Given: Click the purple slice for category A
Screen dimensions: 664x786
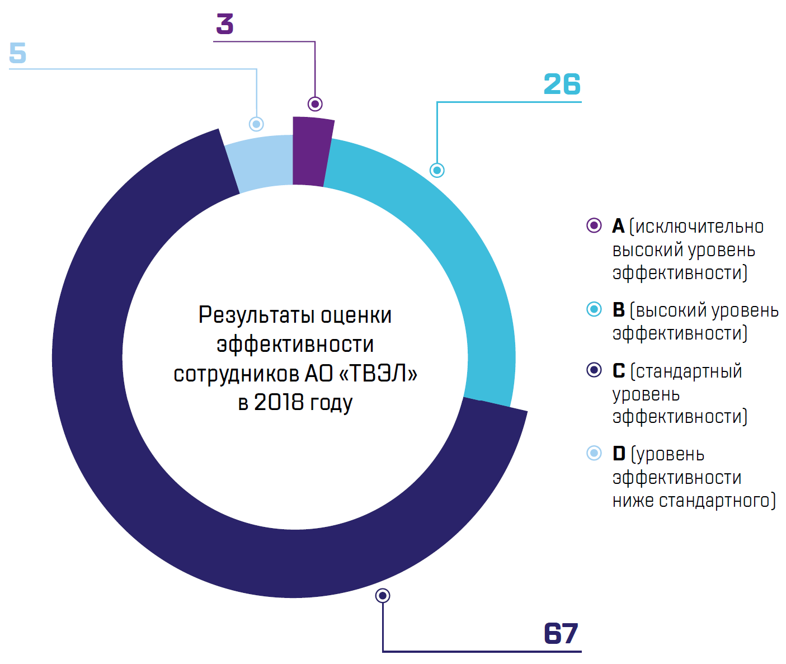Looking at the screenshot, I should pos(310,151).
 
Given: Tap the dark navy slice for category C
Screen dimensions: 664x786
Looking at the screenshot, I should pos(168,503).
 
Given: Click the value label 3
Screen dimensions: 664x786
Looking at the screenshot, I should pos(224,24).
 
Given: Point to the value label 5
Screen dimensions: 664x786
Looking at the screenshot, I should pos(17,53).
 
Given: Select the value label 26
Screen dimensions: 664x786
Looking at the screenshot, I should pos(562,84).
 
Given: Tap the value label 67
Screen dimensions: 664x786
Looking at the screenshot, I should pos(561,634).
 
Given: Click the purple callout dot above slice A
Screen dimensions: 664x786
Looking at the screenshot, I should pos(315,104).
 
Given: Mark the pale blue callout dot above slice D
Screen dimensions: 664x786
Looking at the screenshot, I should pos(256,124).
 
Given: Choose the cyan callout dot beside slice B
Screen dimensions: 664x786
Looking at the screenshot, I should pos(437,170).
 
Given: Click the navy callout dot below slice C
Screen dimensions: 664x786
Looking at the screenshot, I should pos(383,596).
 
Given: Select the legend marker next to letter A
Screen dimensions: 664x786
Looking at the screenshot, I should pos(594,225).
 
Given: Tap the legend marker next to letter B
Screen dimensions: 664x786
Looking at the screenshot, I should pos(594,309).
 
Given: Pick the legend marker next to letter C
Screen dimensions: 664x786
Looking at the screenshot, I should pos(594,370).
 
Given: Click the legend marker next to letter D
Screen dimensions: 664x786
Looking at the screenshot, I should pos(594,453).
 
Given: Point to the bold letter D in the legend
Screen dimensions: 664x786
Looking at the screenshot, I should pos(619,454).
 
